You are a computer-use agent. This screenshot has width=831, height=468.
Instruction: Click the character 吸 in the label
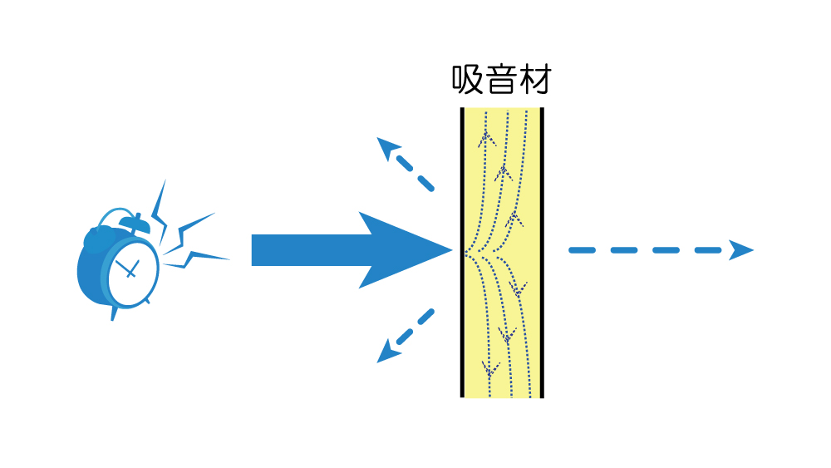[x=467, y=80]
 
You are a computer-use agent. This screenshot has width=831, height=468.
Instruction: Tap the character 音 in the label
[x=501, y=80]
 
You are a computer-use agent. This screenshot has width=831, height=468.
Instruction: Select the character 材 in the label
[x=534, y=80]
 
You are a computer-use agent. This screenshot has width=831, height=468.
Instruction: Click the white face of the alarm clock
[x=133, y=270]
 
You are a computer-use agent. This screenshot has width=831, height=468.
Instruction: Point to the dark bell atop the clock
[x=134, y=223]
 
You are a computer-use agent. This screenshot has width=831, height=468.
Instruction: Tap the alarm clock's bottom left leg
[x=113, y=313]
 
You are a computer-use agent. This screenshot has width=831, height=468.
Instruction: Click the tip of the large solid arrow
[x=452, y=250]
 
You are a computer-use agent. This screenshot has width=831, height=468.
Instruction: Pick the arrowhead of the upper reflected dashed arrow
[x=388, y=148]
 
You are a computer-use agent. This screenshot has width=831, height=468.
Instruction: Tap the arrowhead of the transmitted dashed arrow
[x=741, y=250]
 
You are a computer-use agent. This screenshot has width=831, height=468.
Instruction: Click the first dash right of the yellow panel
[x=582, y=250]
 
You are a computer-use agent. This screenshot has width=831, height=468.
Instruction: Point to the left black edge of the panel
[x=462, y=252]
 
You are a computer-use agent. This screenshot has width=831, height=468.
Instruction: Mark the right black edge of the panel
[x=542, y=252]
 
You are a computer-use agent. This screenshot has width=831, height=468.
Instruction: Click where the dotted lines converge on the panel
[x=466, y=253]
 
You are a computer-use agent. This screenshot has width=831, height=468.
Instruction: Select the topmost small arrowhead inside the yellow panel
[x=486, y=139]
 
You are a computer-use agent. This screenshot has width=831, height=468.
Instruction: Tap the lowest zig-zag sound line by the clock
[x=196, y=259]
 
